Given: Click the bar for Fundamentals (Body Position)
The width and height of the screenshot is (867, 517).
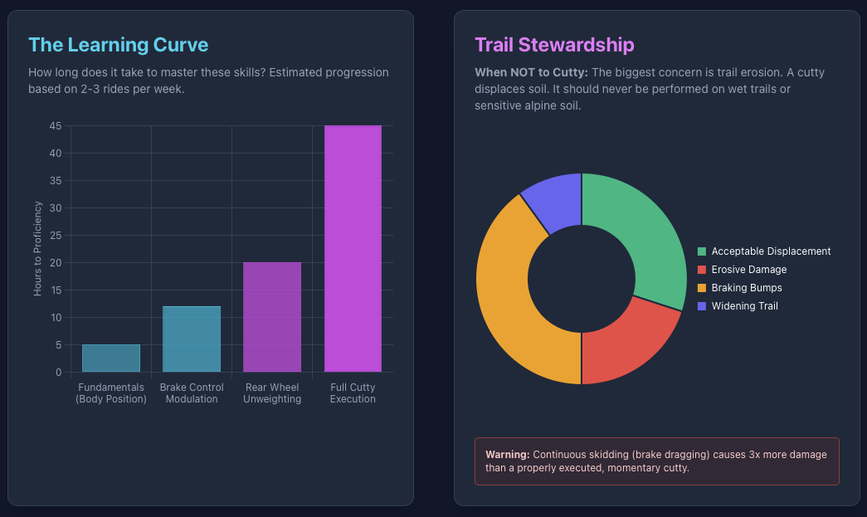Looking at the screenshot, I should coord(111,358).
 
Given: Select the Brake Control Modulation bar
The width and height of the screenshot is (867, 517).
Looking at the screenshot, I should coord(192,339).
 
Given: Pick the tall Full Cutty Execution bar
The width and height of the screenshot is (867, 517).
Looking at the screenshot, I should coord(353,248).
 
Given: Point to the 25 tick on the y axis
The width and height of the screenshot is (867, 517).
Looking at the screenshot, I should coord(56,236).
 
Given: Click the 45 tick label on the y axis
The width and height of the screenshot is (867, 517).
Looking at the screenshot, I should coord(56,126).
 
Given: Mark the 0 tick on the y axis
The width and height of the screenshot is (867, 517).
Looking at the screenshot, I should coord(58,373).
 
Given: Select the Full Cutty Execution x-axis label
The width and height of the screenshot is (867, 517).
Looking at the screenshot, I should coord(353,393).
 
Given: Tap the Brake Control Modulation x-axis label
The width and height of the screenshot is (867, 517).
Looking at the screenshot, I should coord(192,393).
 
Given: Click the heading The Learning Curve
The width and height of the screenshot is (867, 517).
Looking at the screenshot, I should coord(118,45).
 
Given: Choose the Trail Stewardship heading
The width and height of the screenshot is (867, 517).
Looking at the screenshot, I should coord(554,45).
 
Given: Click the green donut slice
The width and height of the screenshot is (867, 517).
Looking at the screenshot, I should coord(643,232).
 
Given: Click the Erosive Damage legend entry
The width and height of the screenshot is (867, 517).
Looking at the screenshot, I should coord(748,270).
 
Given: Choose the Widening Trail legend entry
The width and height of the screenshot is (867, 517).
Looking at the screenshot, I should coord(744,306).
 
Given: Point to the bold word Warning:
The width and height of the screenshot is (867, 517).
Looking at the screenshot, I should coord(508,455).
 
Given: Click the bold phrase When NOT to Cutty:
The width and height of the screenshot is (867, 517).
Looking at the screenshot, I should coord(531,73).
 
